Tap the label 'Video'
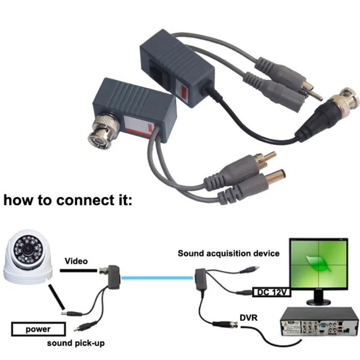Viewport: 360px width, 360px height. pyautogui.click(x=76, y=261)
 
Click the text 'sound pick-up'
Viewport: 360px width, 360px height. pyautogui.click(x=76, y=343)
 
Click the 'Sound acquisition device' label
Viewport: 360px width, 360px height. pyautogui.click(x=229, y=253)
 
